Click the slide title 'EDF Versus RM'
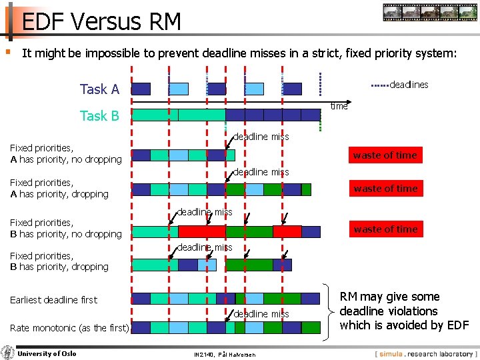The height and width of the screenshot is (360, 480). coord(101,22)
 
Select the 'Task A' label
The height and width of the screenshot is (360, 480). coord(99,89)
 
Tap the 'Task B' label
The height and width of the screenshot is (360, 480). coord(99,116)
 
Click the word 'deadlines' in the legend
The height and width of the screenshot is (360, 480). coord(408,85)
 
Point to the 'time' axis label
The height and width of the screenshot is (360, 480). coord(339,106)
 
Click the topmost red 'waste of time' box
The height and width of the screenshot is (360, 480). coord(385,155)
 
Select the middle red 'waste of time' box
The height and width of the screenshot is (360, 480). coord(385,189)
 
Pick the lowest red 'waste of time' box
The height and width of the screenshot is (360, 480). coord(385,229)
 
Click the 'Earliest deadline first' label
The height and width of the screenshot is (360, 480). coord(53,300)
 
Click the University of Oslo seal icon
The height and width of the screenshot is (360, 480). coord(8,353)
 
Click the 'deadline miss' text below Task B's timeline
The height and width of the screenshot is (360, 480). coord(261,137)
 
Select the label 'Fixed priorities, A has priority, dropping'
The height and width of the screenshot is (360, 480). coord(59,188)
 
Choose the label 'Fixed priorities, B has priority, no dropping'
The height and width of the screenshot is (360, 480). coord(65,228)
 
